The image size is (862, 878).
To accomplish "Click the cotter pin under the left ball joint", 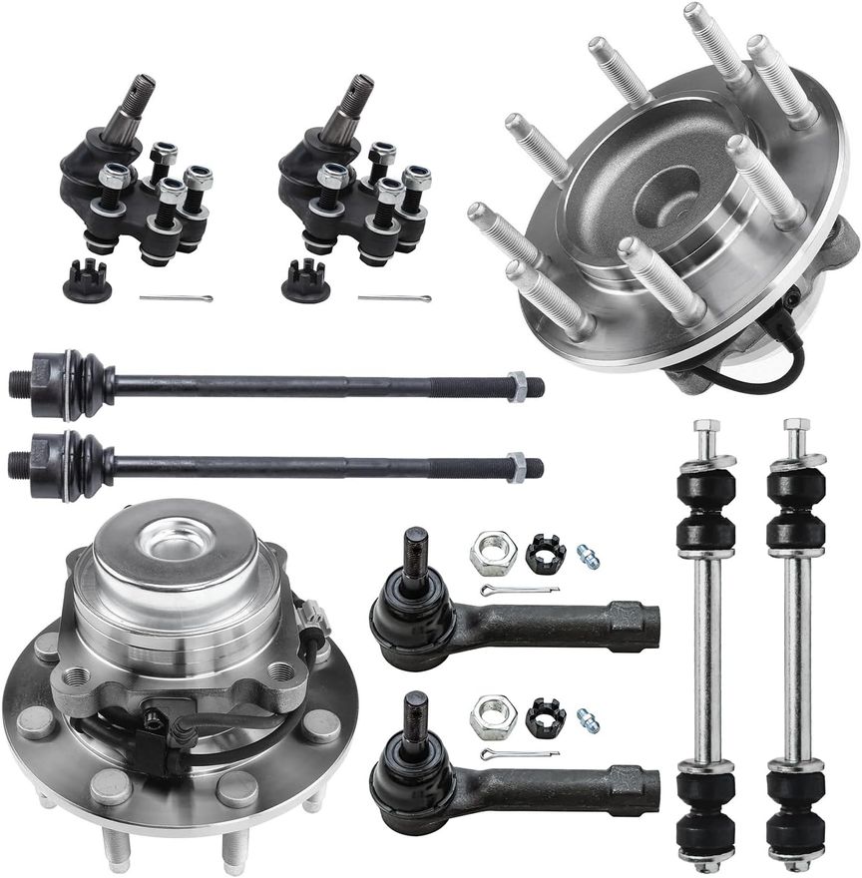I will pos(176,297).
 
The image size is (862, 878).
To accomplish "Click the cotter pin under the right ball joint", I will pos(394,297).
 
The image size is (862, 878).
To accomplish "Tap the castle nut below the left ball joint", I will pos(87,283).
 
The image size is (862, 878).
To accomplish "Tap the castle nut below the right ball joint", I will pos(305,283).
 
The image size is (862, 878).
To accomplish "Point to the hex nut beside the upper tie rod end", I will pos(493,552).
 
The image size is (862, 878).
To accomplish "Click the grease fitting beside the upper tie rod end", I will pos(588,555).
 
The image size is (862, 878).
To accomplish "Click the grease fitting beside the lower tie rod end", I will pos(588,719).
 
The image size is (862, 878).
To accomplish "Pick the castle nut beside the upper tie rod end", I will pos(545,554).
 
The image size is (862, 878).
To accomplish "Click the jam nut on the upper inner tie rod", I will pos(517,386).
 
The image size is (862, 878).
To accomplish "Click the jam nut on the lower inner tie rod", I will pos(516,466).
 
